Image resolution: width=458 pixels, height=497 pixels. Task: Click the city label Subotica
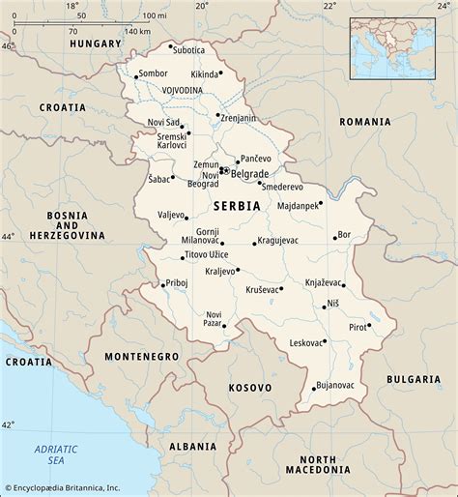click(189, 49)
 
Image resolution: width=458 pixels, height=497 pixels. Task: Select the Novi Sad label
click(164, 121)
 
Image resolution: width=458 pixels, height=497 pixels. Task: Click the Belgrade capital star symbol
click(225, 171)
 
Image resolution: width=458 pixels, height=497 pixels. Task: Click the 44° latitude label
click(8, 236)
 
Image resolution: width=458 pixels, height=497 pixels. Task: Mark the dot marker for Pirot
click(368, 326)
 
